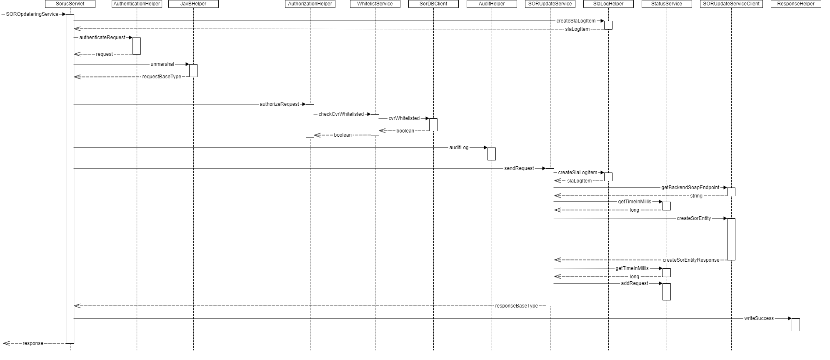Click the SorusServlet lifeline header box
(x=70, y=4)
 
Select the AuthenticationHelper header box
(x=137, y=4)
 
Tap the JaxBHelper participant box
(x=193, y=4)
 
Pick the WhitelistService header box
(x=375, y=4)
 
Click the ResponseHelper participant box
(x=796, y=4)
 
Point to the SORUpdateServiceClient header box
(x=731, y=4)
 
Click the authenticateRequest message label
(x=102, y=37)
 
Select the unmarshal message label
(x=162, y=64)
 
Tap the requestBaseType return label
(x=162, y=77)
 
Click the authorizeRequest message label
(x=279, y=104)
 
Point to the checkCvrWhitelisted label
(x=341, y=114)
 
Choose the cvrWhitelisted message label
(x=404, y=118)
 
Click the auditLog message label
(x=459, y=147)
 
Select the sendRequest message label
(x=519, y=168)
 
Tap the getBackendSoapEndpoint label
(x=690, y=187)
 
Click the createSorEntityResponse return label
(x=691, y=260)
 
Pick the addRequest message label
(x=635, y=283)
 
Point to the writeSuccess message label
(x=759, y=318)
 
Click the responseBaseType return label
(x=516, y=306)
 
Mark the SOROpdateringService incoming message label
(x=32, y=14)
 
